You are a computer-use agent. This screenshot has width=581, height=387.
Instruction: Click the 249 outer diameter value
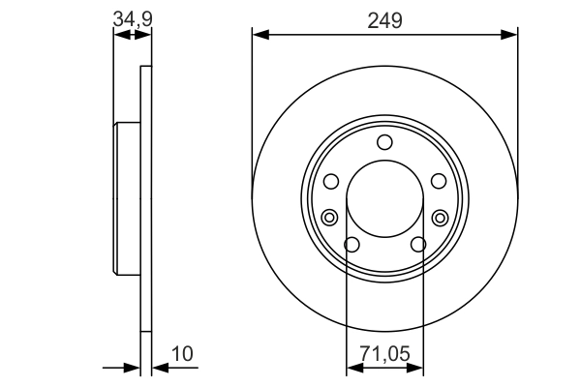[x=384, y=19]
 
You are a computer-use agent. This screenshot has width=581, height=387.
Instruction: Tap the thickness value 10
[x=182, y=355]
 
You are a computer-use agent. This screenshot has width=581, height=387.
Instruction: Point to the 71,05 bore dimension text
[x=384, y=355]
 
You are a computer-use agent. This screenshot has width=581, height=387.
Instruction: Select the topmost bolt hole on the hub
[x=384, y=143]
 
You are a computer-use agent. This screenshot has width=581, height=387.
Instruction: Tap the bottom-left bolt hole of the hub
[x=352, y=244]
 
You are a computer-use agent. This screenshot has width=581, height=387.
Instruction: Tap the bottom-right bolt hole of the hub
[x=417, y=244]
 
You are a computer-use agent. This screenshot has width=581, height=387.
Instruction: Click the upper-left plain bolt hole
[x=330, y=181]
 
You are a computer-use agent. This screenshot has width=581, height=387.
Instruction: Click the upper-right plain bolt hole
[x=439, y=181]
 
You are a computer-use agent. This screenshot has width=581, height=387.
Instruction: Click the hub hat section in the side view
[x=128, y=198]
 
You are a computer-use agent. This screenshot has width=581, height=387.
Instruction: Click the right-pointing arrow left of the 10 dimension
[x=134, y=368]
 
